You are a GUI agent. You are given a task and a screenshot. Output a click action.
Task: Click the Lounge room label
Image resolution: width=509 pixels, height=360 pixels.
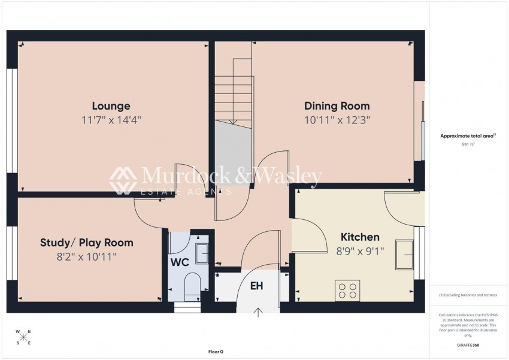pyautogui.click(x=111, y=106)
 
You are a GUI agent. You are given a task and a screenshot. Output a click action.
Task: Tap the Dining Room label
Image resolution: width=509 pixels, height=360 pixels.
pyautogui.click(x=337, y=106)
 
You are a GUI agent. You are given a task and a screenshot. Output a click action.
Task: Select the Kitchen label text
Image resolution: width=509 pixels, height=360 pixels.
pyautogui.click(x=360, y=237)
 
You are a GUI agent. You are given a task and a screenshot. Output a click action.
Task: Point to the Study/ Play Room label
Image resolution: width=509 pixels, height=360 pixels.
pyautogui.click(x=86, y=243)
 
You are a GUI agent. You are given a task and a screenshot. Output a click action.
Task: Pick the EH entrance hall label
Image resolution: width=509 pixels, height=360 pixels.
pyautogui.click(x=256, y=286)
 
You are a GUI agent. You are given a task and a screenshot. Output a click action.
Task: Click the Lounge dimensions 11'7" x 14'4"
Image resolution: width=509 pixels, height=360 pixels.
pyautogui.click(x=111, y=119)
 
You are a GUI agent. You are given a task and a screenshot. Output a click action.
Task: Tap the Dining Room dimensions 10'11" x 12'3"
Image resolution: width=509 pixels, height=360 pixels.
pyautogui.click(x=337, y=119)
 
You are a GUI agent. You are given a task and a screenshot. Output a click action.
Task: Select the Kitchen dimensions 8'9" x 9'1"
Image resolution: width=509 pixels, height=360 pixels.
pyautogui.click(x=360, y=250)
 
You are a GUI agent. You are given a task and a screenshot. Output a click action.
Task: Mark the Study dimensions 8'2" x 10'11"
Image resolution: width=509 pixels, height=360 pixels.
pyautogui.click(x=86, y=256)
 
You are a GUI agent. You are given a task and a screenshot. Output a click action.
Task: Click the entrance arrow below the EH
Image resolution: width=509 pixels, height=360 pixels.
pyautogui.click(x=259, y=311)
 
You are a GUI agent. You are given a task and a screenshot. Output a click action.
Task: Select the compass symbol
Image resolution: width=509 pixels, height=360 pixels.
pyautogui.click(x=23, y=337)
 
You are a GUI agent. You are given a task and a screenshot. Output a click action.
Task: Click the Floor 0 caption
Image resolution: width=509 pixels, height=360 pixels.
pyautogui.click(x=216, y=352)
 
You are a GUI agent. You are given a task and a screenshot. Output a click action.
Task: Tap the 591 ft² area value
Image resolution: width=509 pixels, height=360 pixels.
pyautogui.click(x=468, y=145)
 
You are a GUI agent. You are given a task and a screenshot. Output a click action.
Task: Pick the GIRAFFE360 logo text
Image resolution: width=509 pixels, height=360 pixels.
pyautogui.click(x=468, y=345)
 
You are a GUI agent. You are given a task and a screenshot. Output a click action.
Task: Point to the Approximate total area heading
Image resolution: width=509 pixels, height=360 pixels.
pyautogui.click(x=468, y=136)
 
